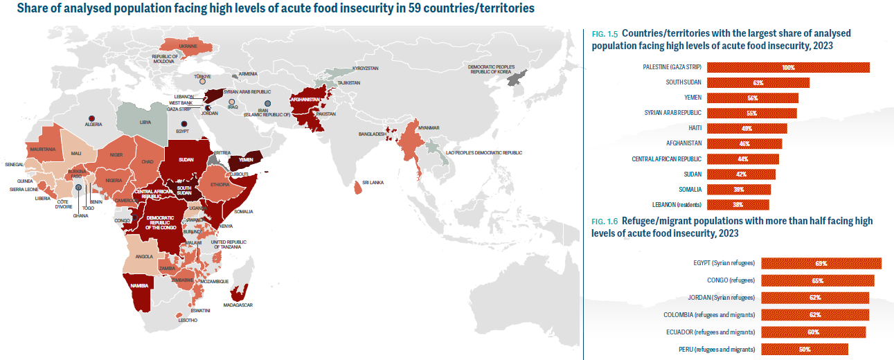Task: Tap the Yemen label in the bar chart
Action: click(693, 98)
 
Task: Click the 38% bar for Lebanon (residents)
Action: click(737, 204)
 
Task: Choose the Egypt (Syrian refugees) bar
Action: click(821, 263)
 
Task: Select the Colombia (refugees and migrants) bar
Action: click(815, 315)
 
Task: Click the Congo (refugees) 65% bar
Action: click(817, 280)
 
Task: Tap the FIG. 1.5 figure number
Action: click(605, 33)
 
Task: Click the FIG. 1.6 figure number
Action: click(605, 221)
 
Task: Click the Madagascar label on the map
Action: click(238, 305)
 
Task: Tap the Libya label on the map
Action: click(145, 121)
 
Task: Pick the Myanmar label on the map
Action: click(429, 128)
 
